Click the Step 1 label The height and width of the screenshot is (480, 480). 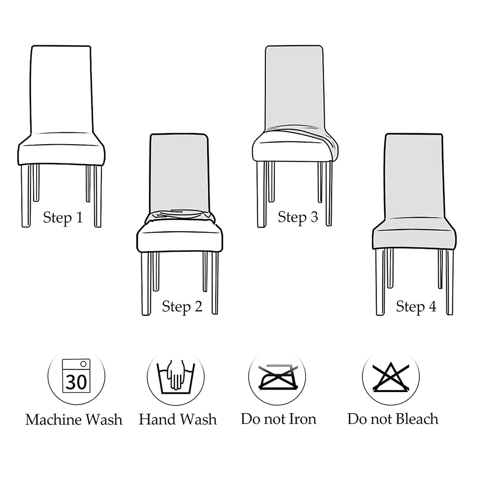(x=63, y=218)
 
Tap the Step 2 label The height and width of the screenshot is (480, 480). (x=182, y=307)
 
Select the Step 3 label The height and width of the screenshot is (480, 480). (x=298, y=217)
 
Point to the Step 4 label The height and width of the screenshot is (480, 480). (x=416, y=307)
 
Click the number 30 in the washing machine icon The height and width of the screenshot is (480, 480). (x=76, y=382)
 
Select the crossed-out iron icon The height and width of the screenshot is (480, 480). (x=278, y=377)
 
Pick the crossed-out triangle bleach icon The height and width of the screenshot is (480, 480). (x=391, y=377)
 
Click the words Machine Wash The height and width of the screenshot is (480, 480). (x=74, y=420)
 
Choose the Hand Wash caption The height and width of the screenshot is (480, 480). (x=178, y=419)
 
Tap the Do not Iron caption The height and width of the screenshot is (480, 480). (x=278, y=419)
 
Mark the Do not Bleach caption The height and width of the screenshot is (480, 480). (x=393, y=419)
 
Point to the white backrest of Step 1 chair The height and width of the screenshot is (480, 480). (x=61, y=89)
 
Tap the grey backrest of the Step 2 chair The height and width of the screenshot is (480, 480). (x=179, y=172)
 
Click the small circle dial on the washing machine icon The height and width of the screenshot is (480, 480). (x=83, y=364)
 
